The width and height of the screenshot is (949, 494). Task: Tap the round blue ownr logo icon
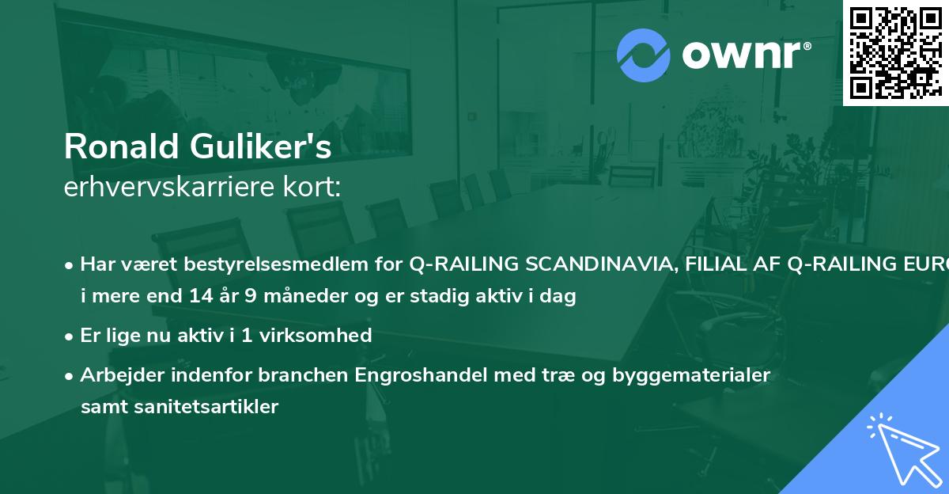click(x=643, y=55)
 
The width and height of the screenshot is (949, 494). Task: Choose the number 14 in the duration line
click(x=200, y=297)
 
